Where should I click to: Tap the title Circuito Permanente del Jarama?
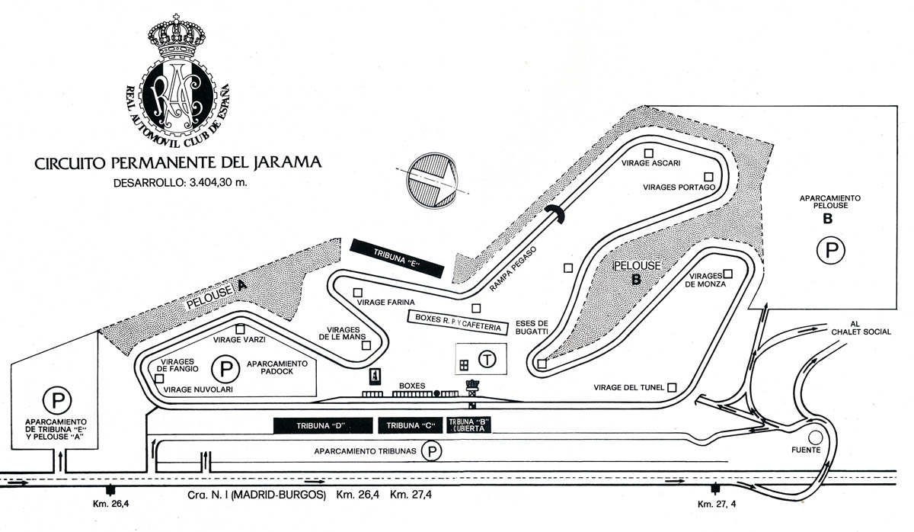click(177, 162)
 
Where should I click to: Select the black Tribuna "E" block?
click(396, 255)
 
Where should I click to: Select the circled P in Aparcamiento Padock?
click(225, 370)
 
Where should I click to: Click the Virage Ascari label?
click(650, 163)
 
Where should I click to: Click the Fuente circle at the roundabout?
click(817, 437)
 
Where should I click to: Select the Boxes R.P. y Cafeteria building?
click(457, 322)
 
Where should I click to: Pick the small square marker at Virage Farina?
click(357, 292)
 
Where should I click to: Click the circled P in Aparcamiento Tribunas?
click(432, 452)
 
